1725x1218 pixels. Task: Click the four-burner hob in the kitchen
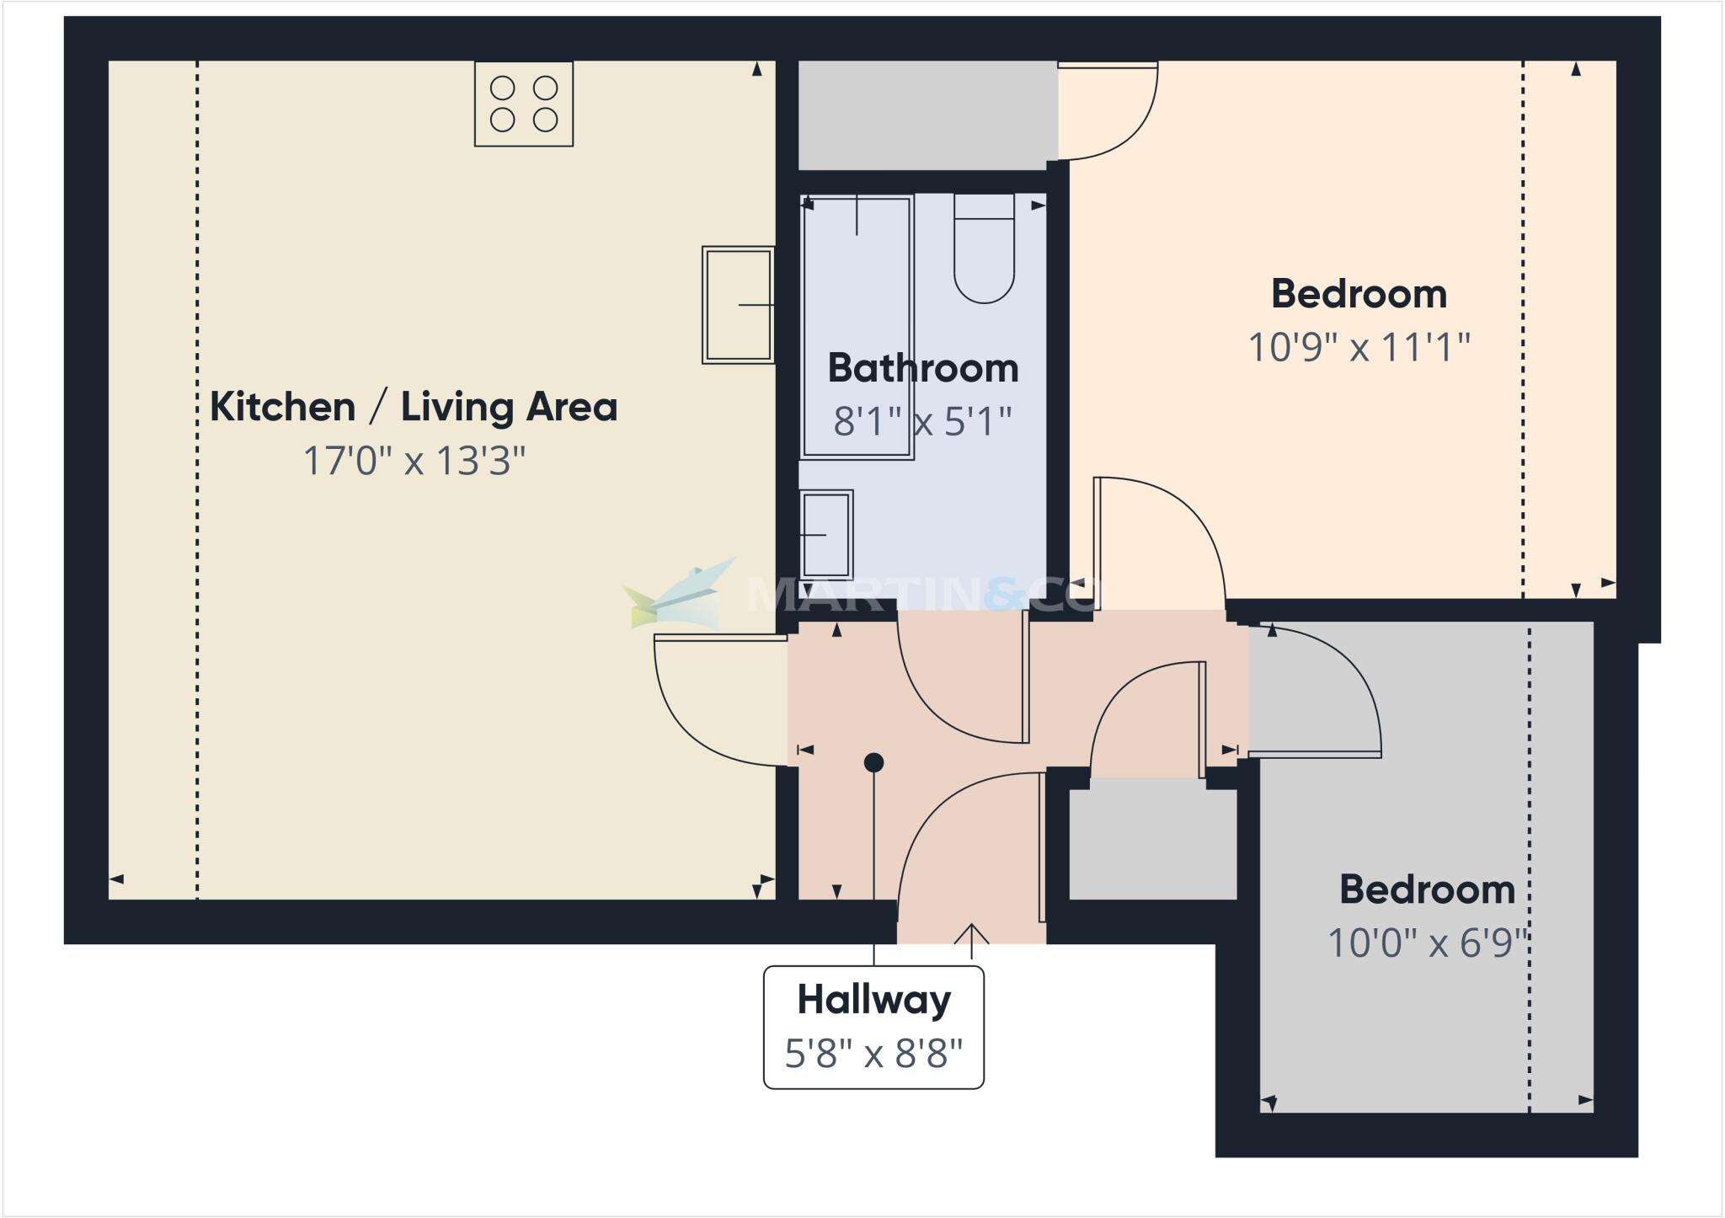[524, 104]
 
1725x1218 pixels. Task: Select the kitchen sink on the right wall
[738, 305]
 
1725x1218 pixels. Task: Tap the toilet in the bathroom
[984, 249]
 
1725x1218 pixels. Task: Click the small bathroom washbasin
[825, 534]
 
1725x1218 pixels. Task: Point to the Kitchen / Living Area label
[413, 407]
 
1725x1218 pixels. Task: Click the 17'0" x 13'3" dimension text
[414, 461]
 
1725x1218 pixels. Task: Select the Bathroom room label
[923, 368]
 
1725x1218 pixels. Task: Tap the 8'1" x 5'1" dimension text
[922, 421]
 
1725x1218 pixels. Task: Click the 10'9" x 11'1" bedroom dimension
[1359, 347]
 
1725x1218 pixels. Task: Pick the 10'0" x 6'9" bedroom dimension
[1427, 943]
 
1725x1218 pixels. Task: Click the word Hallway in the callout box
[873, 1000]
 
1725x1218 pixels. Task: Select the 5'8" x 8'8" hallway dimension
[873, 1053]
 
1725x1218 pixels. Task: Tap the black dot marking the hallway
[873, 763]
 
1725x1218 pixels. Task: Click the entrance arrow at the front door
[972, 939]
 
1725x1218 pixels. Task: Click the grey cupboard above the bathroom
[927, 115]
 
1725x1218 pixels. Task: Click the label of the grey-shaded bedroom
[1427, 889]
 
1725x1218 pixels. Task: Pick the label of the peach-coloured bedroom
[1359, 294]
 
